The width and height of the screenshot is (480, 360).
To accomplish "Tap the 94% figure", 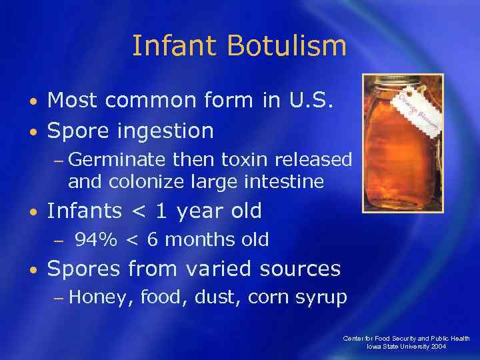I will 95,240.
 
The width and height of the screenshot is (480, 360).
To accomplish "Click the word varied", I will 220,269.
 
